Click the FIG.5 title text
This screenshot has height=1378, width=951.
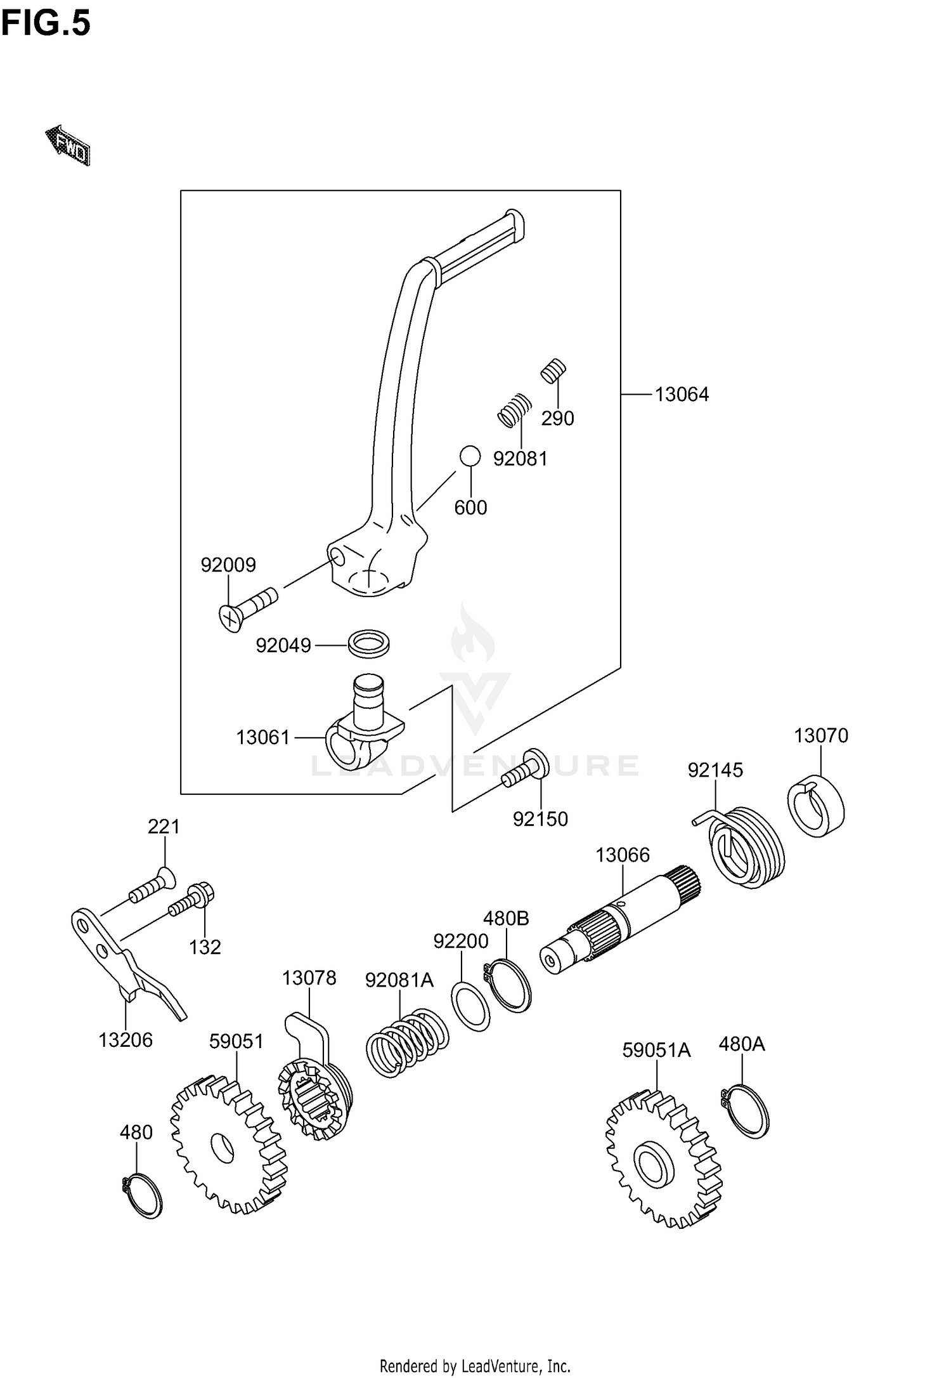coord(46,24)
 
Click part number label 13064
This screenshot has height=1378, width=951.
coord(682,395)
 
